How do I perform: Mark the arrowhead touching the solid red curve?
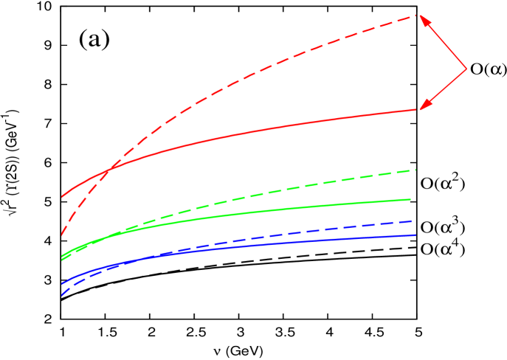(424, 105)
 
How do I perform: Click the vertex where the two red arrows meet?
(466, 69)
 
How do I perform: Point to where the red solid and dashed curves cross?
(108, 171)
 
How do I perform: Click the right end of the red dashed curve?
(416, 15)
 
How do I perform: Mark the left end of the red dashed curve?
(62, 234)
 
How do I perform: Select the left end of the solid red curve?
(62, 198)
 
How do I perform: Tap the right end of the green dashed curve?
(415, 170)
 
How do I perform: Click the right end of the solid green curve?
(410, 199)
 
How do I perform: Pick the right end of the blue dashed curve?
(410, 221)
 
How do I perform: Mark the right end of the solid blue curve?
(415, 235)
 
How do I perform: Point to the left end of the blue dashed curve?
(62, 295)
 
